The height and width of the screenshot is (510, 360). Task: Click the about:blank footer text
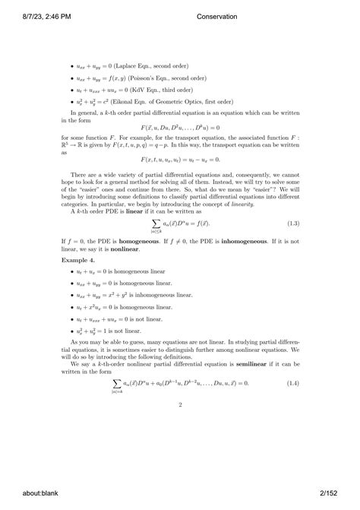(26, 493)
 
